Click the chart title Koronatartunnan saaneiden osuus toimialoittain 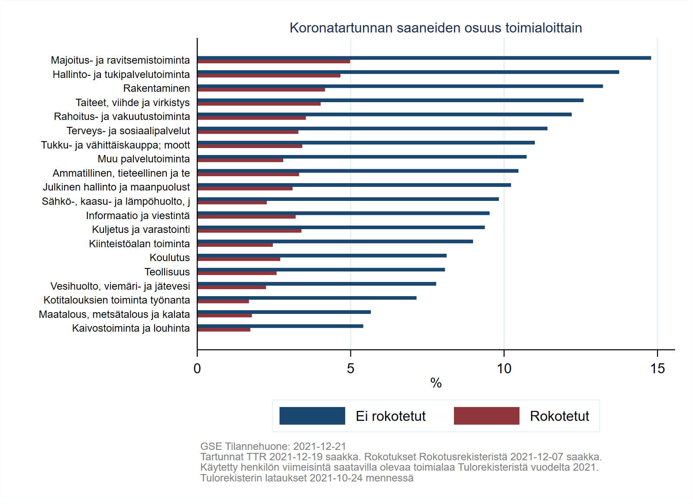435,28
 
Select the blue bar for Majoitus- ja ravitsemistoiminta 424,58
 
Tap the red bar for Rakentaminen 261,90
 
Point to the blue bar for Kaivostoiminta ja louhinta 280,326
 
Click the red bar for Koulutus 239,259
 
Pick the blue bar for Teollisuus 321,270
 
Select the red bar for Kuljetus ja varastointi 249,231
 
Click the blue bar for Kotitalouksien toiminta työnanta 307,298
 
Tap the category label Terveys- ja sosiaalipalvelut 128,131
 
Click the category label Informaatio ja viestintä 138,216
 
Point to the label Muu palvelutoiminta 143,159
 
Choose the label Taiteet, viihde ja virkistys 133,103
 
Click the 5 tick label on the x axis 350,368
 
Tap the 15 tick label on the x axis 657,368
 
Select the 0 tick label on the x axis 197,368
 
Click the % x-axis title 436,383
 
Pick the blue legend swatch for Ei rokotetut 312,416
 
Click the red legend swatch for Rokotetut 486,416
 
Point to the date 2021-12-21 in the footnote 319,446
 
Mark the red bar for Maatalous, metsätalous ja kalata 224,316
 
